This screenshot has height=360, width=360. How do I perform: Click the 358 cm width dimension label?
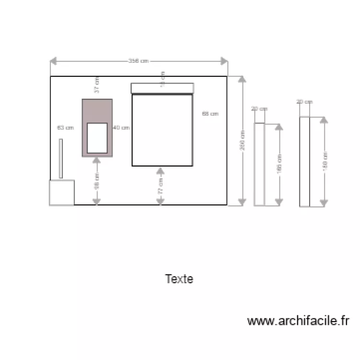[138, 61]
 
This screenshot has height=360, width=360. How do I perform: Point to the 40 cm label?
[121, 128]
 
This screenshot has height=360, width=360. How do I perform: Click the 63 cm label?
[65, 128]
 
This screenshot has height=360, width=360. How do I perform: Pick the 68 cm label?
[210, 114]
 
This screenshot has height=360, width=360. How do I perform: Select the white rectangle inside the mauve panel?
[97, 138]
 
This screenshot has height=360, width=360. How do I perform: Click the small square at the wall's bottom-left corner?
[62, 192]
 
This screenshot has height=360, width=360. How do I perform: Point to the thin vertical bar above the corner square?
[60, 158]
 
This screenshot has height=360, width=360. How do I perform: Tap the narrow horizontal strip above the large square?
[162, 88]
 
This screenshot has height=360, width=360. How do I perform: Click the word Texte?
[179, 279]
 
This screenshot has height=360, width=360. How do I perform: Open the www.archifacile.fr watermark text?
[299, 321]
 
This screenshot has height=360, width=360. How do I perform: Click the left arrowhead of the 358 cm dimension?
[54, 61]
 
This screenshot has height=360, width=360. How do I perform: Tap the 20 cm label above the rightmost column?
[304, 102]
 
